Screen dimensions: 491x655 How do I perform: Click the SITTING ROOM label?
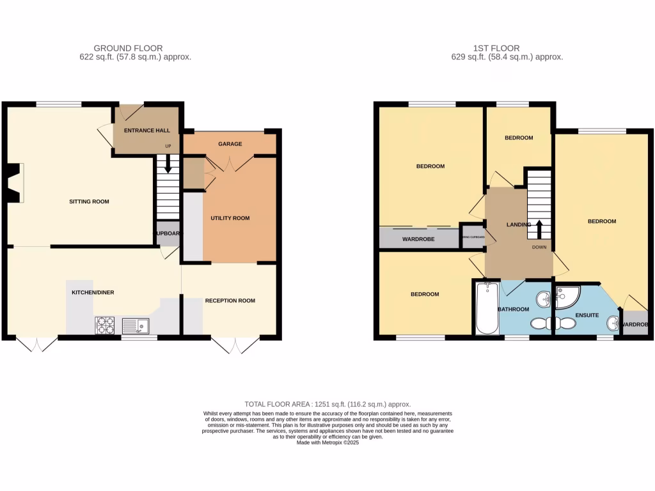tap(89, 201)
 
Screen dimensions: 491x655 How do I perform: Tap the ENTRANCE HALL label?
tap(146, 130)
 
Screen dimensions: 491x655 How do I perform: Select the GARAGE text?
tap(230, 144)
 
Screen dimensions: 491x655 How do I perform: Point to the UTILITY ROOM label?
tap(230, 218)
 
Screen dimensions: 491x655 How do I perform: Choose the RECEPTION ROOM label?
tap(230, 300)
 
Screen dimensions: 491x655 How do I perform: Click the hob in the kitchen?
tap(105, 325)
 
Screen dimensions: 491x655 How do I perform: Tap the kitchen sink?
tap(135, 327)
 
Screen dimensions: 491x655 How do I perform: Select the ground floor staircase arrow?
tap(168, 166)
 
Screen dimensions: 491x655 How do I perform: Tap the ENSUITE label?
tap(587, 315)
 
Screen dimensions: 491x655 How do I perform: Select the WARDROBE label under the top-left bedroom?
tap(418, 239)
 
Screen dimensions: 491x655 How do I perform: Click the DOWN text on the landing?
tap(539, 247)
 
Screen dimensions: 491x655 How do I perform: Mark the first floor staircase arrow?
tap(539, 228)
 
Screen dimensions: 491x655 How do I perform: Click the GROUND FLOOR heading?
tap(128, 48)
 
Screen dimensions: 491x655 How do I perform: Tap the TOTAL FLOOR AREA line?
tap(327, 404)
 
